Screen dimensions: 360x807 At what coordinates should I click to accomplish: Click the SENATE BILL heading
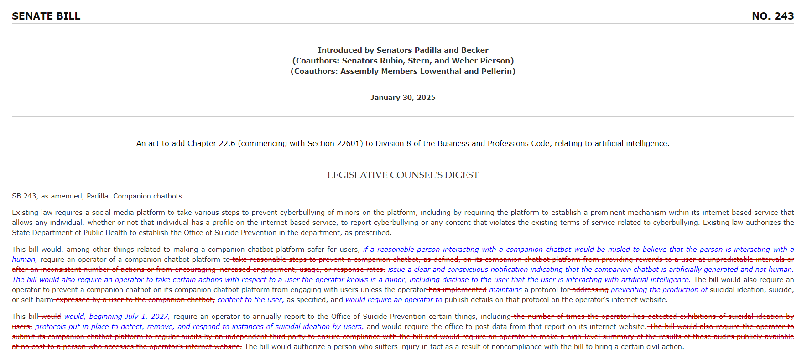point(46,16)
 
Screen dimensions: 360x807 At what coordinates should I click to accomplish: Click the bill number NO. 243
point(772,16)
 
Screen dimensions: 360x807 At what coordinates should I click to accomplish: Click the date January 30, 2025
point(403,98)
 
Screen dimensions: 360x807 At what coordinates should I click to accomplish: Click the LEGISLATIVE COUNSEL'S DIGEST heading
point(403,175)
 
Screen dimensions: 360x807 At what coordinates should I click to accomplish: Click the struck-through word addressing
point(590,290)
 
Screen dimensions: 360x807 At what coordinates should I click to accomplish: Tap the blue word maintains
point(505,290)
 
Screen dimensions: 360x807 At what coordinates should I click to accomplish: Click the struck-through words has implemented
point(458,290)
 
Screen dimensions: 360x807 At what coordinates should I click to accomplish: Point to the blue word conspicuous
point(468,270)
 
